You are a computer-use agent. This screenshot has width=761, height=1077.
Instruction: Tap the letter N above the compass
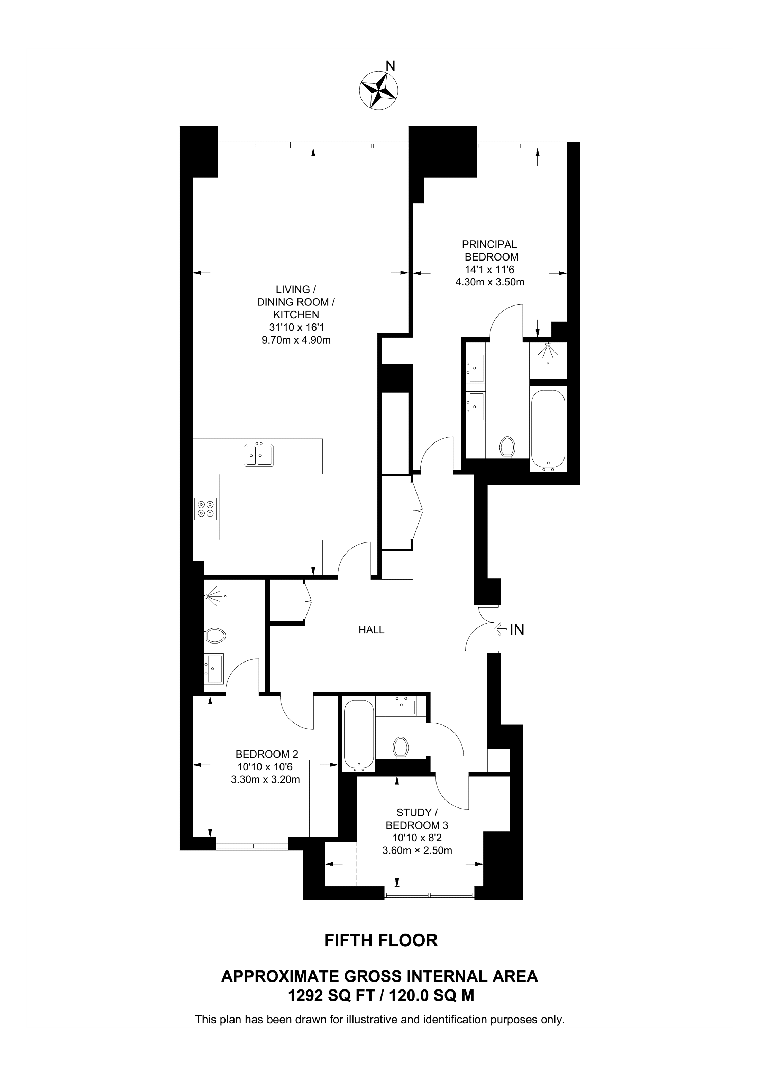(389, 65)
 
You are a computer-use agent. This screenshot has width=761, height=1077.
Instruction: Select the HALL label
(372, 630)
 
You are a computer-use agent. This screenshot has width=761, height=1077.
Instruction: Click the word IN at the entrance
(517, 630)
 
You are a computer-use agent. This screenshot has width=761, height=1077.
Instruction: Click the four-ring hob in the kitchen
(206, 509)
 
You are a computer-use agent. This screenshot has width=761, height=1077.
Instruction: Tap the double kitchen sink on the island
(259, 455)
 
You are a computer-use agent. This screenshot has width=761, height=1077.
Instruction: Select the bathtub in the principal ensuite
(548, 430)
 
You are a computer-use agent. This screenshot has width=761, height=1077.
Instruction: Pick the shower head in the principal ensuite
(547, 352)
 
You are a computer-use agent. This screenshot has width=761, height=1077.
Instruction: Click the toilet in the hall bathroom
(401, 747)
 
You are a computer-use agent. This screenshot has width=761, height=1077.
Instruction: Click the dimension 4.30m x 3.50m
(490, 282)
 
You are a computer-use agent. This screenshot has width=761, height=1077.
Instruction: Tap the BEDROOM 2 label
(267, 754)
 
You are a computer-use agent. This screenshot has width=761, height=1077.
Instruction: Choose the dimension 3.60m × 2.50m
(417, 850)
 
